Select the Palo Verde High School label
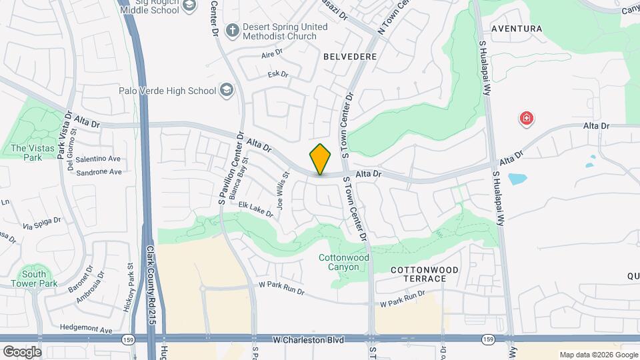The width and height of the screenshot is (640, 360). [167, 91]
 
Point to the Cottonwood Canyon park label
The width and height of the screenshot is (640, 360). [343, 262]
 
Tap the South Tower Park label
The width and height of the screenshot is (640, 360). [33, 279]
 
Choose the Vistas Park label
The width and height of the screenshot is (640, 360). [27, 153]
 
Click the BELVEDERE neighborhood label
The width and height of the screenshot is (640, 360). [350, 57]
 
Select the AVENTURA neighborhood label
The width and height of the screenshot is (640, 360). [517, 29]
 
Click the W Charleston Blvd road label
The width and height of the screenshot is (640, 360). [308, 340]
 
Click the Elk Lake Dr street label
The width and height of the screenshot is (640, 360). [256, 210]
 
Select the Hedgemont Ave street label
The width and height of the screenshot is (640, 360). [86, 329]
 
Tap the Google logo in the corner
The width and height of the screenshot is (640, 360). [22, 351]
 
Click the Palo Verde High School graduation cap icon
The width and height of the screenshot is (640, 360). [227, 90]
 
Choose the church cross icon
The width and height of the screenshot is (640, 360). [232, 30]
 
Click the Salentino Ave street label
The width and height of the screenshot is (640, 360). [97, 159]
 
